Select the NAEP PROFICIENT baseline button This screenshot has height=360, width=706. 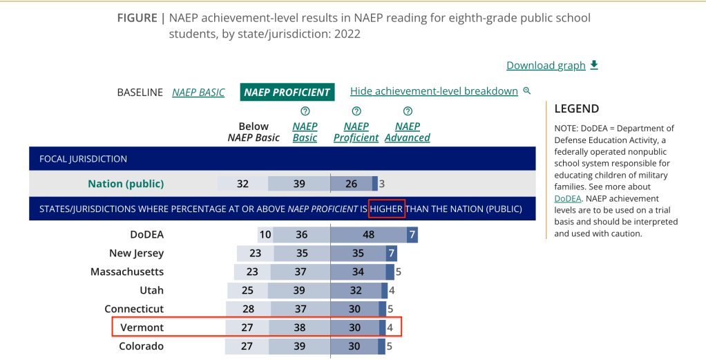pyautogui.click(x=287, y=92)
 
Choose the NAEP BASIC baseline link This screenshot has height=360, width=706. pyautogui.click(x=198, y=92)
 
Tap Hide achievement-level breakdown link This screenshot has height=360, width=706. pyautogui.click(x=434, y=91)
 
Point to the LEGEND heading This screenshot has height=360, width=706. pyautogui.click(x=577, y=108)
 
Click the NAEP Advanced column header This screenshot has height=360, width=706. pyautogui.click(x=407, y=132)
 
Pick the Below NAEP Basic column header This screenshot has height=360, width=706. pyautogui.click(x=254, y=132)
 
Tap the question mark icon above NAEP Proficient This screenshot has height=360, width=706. pyautogui.click(x=356, y=111)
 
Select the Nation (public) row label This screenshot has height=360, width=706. pyautogui.click(x=126, y=184)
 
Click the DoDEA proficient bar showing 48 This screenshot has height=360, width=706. pyautogui.click(x=369, y=235)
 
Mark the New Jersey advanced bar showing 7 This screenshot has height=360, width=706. pyautogui.click(x=391, y=254)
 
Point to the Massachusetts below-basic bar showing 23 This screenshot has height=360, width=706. pyautogui.click(x=254, y=272)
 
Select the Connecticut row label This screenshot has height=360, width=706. pyautogui.click(x=134, y=309)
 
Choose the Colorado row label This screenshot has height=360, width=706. pyautogui.click(x=141, y=346)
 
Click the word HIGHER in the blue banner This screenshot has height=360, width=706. pyautogui.click(x=387, y=209)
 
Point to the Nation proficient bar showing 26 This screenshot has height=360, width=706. pyautogui.click(x=351, y=184)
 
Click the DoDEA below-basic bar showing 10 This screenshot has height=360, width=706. pyautogui.click(x=265, y=235)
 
